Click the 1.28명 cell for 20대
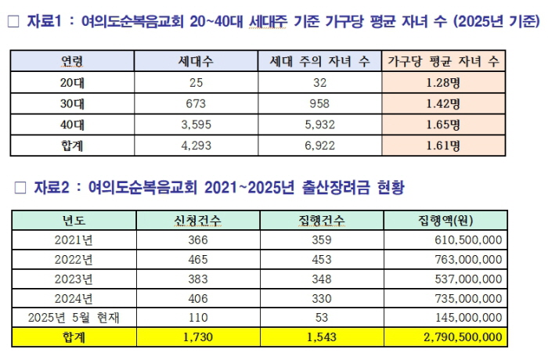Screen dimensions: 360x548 click(442, 81)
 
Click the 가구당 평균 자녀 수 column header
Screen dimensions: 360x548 click(442, 60)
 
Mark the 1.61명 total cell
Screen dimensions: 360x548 click(442, 145)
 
